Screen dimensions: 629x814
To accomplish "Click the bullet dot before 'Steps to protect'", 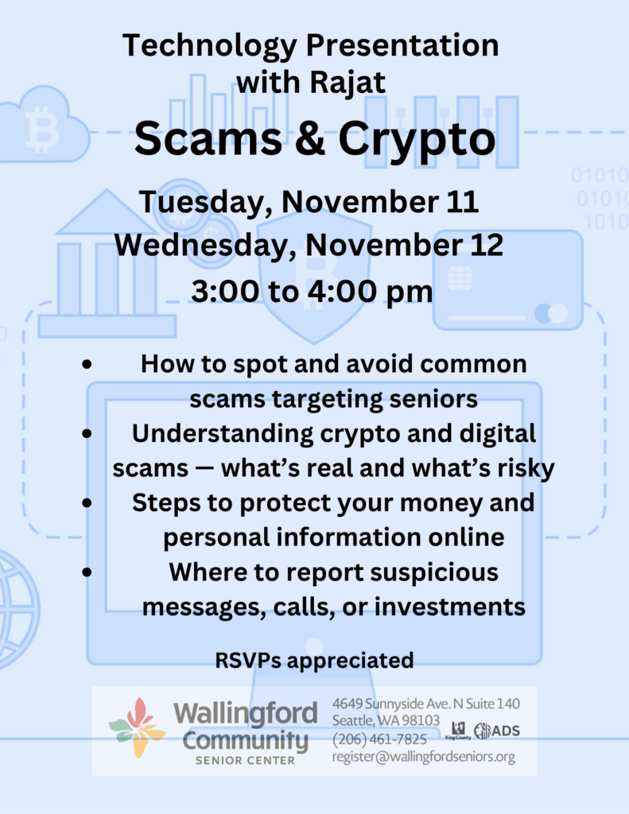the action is [x=87, y=502].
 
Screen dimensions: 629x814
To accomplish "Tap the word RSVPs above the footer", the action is [x=249, y=661].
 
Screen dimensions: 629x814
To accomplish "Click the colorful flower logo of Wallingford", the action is [x=137, y=728].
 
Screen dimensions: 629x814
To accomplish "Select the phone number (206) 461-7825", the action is [x=379, y=738].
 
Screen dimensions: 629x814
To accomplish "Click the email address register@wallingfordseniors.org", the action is [x=424, y=757].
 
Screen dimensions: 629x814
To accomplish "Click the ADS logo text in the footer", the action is [x=506, y=731].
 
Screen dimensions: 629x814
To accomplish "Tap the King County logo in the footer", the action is [x=457, y=731].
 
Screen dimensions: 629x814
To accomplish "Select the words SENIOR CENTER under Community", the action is [x=245, y=761].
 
